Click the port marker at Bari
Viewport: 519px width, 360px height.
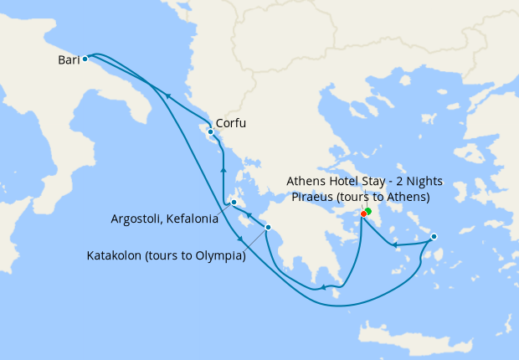click(x=85, y=59)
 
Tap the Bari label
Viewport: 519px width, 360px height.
click(x=69, y=59)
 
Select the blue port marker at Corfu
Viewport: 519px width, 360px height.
click(x=210, y=132)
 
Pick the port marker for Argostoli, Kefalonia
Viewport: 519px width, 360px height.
click(x=234, y=202)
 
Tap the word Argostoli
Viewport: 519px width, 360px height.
click(x=136, y=219)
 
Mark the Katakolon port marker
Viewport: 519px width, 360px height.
click(x=268, y=227)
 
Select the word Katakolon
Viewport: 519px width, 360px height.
click(x=116, y=256)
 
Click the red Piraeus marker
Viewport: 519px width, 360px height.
click(x=363, y=213)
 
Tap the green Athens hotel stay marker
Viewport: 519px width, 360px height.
click(x=368, y=211)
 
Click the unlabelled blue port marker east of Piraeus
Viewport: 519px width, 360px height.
click(x=434, y=238)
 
